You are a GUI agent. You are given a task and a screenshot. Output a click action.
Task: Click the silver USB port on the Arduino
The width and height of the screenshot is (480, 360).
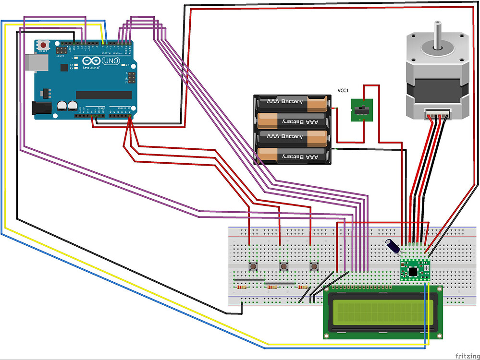pyautogui.click(x=33, y=61)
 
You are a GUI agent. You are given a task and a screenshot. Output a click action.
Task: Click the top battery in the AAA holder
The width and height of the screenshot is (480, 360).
pyautogui.click(x=291, y=102)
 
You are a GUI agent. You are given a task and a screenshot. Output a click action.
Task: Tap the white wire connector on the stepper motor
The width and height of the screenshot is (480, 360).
pyautogui.click(x=437, y=114)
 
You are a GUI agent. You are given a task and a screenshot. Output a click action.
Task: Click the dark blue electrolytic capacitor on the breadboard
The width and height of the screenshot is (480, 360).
pyautogui.click(x=394, y=245)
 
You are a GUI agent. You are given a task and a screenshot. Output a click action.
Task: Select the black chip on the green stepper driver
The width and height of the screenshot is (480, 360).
pyautogui.click(x=412, y=272)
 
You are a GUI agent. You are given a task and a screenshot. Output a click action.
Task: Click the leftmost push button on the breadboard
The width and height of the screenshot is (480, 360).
pyautogui.click(x=252, y=266)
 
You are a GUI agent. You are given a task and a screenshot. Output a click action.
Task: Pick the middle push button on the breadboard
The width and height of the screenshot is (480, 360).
pyautogui.click(x=283, y=266)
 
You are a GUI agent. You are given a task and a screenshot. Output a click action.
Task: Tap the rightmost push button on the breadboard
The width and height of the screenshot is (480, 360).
pyautogui.click(x=314, y=266)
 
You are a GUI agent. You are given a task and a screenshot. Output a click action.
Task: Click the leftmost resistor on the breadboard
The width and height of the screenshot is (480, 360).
pyautogui.click(x=242, y=288)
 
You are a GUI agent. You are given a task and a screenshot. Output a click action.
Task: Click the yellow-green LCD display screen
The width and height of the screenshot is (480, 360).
pyautogui.click(x=382, y=312)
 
